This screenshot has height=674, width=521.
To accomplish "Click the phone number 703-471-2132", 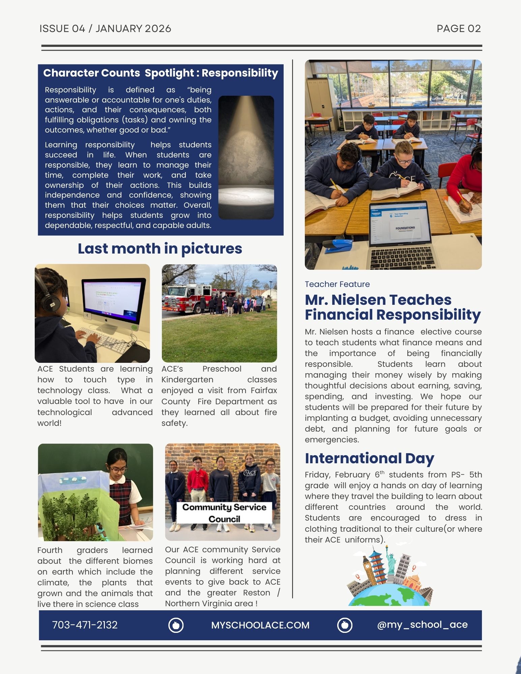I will [85, 625].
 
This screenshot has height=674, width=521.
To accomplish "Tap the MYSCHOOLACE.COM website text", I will [260, 625].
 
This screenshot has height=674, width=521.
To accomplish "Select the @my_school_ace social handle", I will [422, 624].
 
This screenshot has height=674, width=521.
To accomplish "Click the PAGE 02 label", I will [458, 29].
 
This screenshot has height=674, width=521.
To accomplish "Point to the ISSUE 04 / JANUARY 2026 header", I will [105, 29].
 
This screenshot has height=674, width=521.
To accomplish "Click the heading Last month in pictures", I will [160, 248].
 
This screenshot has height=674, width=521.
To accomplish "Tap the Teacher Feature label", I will [337, 284].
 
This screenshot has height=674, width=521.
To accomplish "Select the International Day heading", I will [369, 458].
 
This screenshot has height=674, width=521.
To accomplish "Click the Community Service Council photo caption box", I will [224, 513].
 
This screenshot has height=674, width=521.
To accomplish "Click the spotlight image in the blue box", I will [246, 157].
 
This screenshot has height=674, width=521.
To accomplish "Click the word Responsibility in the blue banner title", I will [240, 73].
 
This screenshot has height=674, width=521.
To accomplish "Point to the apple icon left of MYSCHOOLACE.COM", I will [176, 625].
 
